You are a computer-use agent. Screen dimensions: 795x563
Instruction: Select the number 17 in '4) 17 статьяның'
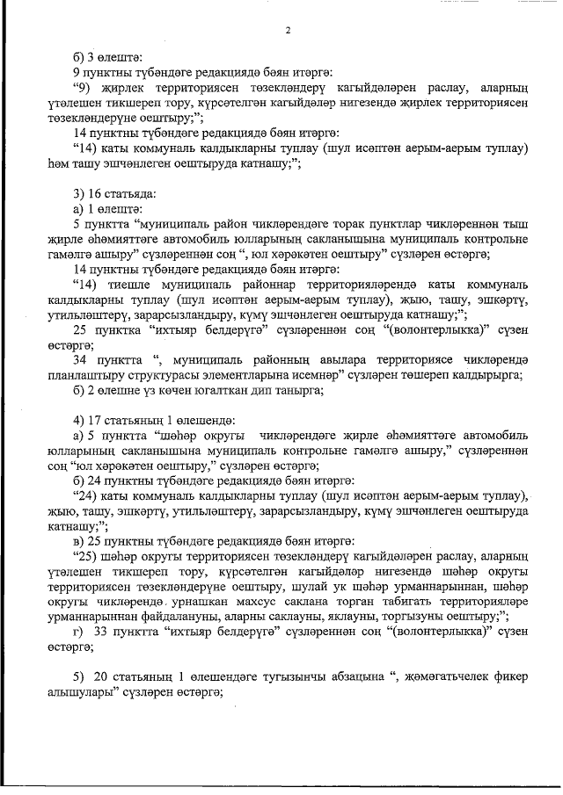[x=96, y=420]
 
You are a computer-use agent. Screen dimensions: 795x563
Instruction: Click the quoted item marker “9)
[x=84, y=88]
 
